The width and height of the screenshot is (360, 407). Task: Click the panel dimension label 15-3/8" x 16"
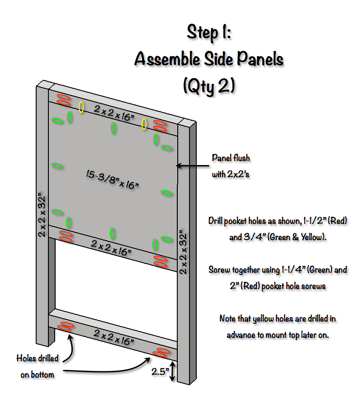tap(112, 179)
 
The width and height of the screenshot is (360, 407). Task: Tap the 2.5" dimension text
tap(160, 372)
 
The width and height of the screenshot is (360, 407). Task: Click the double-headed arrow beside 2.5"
tap(172, 371)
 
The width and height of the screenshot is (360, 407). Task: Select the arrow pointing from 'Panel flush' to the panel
tap(192, 166)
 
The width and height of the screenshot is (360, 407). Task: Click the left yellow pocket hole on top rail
tap(81, 107)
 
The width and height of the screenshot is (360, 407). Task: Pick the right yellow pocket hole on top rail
tap(144, 124)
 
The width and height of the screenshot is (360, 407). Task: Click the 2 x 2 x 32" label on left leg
tap(42, 215)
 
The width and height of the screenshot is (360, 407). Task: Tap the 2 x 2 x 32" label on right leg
tap(183, 252)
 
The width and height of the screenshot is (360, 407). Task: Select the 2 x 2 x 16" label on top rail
tap(114, 113)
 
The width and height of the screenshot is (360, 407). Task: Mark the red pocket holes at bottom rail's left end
tap(66, 326)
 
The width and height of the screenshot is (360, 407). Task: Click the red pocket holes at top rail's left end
tap(64, 100)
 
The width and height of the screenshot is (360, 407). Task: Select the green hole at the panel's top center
tap(113, 128)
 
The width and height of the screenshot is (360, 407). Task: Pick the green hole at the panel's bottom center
tap(112, 233)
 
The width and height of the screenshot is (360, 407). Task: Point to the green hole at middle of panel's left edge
tap(57, 166)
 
